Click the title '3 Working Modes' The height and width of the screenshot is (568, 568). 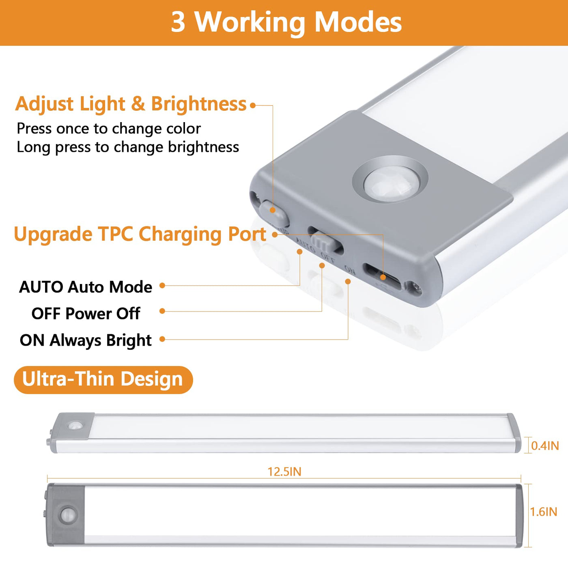click(286, 22)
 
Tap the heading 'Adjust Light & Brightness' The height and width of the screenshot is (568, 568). click(131, 104)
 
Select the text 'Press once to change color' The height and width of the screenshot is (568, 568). click(109, 129)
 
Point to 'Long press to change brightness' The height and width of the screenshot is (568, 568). click(128, 147)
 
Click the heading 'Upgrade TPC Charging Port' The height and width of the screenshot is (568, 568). click(140, 235)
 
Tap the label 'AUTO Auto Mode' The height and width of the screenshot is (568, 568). click(86, 287)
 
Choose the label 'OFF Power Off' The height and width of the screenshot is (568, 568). click(86, 313)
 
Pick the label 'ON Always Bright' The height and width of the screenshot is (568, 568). click(86, 340)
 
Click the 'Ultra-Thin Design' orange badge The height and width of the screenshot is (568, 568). click(103, 380)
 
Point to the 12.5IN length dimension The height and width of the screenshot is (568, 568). click(284, 471)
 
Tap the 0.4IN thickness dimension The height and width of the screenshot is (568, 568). click(545, 445)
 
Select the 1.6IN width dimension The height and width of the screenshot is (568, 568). click(544, 512)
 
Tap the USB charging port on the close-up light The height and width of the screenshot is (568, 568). click(382, 277)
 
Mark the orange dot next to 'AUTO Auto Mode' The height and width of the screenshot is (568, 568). click(162, 285)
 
